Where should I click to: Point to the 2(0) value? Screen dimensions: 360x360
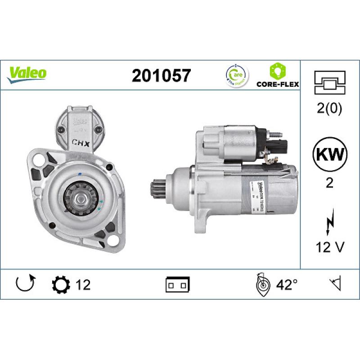[x=330, y=108]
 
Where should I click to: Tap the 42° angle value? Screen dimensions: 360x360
[x=287, y=284]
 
